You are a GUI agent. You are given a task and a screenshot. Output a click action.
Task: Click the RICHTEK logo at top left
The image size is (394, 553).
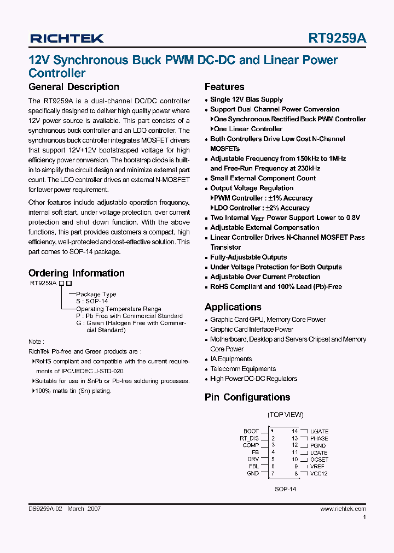click(66, 38)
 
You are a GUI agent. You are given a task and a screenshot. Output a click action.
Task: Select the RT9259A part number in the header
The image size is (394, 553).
click(338, 38)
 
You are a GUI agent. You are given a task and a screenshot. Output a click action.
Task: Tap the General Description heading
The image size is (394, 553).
click(73, 87)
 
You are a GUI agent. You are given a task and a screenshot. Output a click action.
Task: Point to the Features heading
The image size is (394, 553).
click(224, 87)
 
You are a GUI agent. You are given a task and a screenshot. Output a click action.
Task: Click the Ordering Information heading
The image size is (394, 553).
click(76, 273)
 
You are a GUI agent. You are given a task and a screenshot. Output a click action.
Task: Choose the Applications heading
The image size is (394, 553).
click(233, 307)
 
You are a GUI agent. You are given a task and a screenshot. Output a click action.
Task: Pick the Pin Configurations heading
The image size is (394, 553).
click(247, 397)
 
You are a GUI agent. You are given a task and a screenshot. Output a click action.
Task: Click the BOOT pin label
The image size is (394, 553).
click(251, 431)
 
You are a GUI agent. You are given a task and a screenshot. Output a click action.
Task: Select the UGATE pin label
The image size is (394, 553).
click(318, 432)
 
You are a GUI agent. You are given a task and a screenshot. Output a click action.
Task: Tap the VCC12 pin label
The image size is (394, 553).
click(318, 474)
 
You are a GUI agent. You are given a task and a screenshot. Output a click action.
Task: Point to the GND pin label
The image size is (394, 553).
click(252, 474)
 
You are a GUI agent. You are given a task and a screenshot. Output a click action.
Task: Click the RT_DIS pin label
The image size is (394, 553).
click(249, 438)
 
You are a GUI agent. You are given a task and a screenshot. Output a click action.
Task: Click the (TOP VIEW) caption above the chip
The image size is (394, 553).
click(285, 415)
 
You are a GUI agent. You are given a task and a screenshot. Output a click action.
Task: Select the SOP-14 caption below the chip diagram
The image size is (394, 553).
click(285, 490)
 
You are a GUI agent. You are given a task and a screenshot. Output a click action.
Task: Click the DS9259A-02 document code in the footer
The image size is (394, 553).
click(46, 509)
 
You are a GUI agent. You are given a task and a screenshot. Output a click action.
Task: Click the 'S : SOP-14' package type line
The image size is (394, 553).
click(92, 301)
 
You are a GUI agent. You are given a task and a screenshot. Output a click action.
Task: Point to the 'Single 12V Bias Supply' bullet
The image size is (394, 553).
click(246, 99)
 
